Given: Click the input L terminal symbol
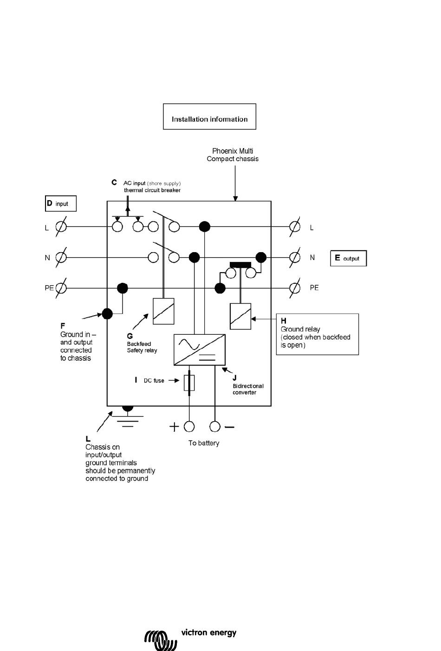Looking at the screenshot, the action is pos(61,227).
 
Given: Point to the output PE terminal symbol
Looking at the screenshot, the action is pos(295,288).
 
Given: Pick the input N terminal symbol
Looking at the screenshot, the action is pos(61,257).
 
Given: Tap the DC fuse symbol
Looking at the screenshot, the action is pos(189,383).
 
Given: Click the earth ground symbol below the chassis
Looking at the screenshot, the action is pos(128,417).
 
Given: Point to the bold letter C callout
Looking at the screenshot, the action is pos(114,182).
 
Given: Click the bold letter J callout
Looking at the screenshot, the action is pos(234,378).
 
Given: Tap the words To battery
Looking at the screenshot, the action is pos(204,443).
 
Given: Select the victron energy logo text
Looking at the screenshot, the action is pos(208,632).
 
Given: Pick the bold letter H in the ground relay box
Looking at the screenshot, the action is pos(284,320).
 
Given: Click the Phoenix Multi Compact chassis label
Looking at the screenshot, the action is pos(233,155).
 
